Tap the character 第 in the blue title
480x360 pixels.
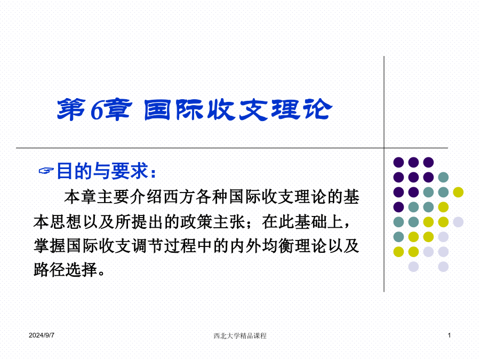tap(71, 109)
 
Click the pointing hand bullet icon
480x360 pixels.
tap(46, 171)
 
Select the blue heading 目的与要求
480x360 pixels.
tap(103, 171)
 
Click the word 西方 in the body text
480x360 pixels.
tap(179, 196)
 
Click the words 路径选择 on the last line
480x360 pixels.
tap(66, 270)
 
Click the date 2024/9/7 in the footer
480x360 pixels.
tap(42, 335)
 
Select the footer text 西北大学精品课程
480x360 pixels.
tap(240, 336)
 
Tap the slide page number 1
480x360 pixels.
tap(449, 335)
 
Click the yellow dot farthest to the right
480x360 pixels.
tap(458, 192)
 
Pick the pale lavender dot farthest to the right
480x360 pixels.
tap(458, 222)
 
